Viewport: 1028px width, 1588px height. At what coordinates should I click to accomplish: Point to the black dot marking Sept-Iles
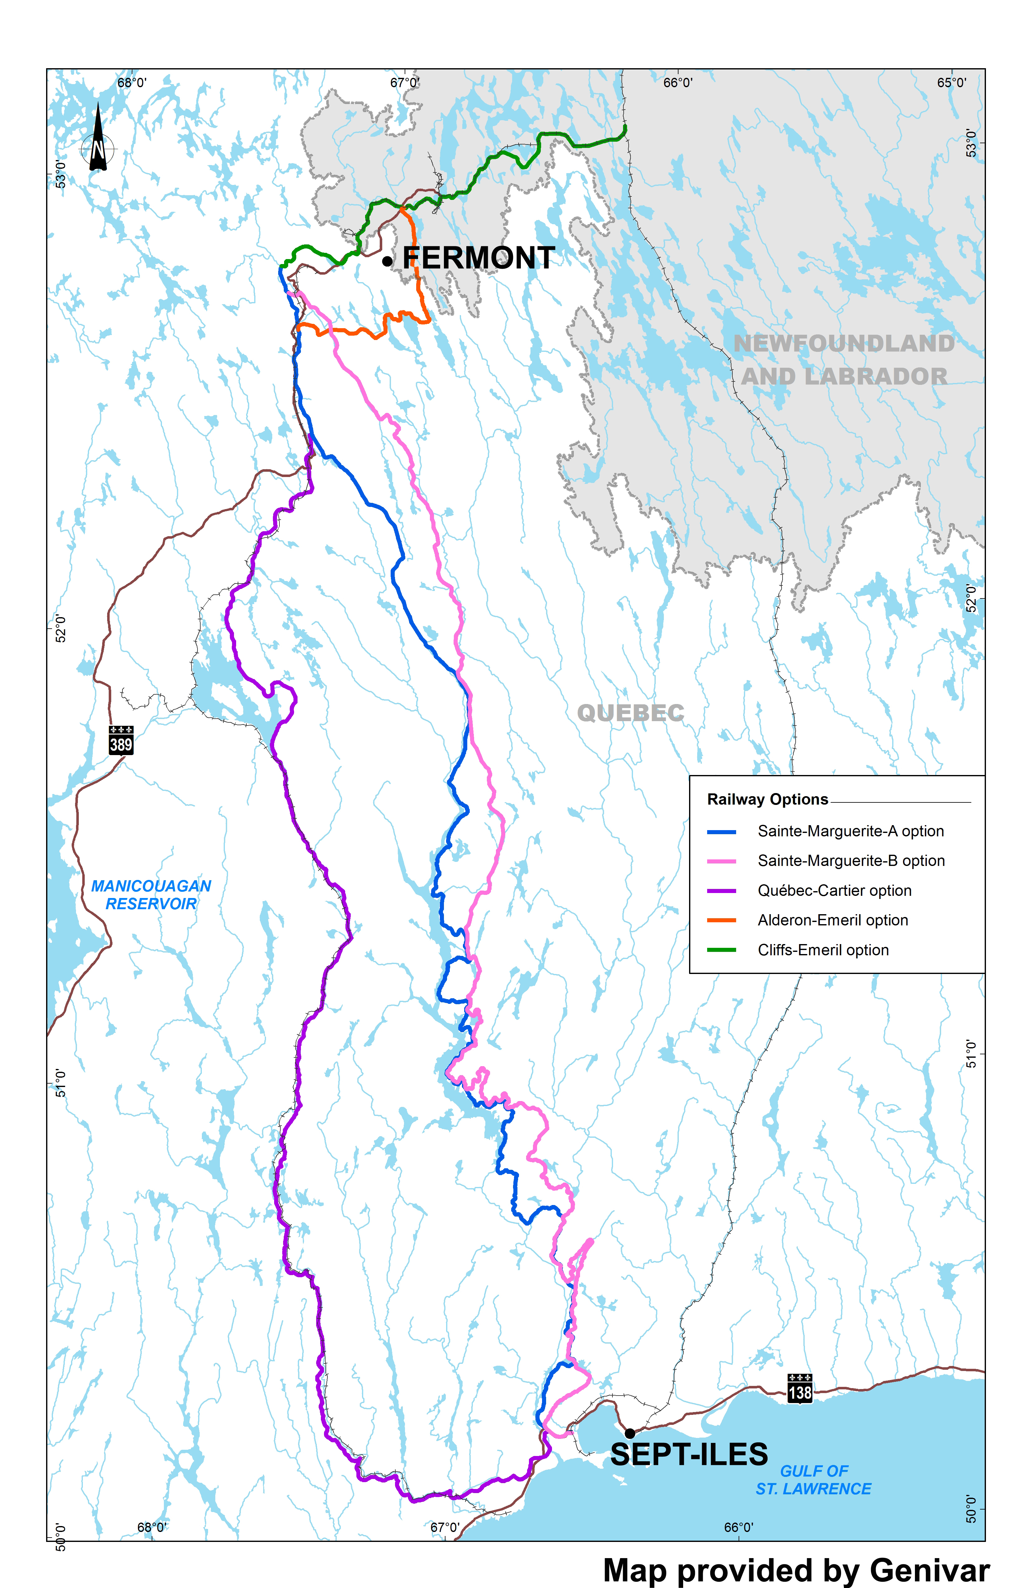click(x=630, y=1433)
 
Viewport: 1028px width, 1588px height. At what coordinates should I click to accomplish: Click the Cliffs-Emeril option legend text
click(x=823, y=950)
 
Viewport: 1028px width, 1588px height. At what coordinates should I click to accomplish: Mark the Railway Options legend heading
click(x=768, y=799)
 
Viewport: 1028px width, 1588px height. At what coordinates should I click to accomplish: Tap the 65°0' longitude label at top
click(x=951, y=83)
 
